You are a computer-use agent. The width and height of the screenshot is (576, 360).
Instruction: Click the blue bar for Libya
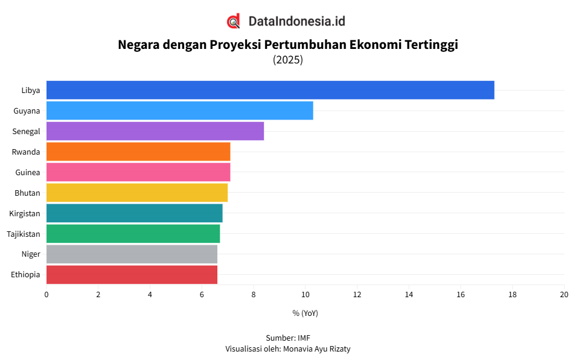point(270,90)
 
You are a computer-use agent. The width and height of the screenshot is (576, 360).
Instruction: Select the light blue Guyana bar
point(179,111)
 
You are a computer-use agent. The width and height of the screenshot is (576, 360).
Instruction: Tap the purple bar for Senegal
point(155,131)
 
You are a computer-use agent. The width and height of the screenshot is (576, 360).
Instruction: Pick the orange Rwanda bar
point(138,152)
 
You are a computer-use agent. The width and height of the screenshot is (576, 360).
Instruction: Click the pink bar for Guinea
point(138,172)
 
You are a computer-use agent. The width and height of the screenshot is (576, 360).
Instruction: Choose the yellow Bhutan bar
point(136,193)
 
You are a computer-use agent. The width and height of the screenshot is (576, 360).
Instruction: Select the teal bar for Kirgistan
point(134,213)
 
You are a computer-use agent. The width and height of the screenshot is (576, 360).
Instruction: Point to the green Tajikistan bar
point(133,234)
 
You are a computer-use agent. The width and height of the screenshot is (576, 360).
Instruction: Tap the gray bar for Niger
point(132,254)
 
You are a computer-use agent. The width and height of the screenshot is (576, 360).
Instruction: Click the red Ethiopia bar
point(132,275)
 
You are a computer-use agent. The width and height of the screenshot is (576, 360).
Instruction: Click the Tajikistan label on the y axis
point(24,234)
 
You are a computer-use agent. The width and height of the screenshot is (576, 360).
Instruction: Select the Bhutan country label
point(28,193)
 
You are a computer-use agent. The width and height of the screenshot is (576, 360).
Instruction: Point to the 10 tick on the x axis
point(305,295)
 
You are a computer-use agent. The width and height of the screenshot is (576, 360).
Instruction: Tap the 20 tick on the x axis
point(564,295)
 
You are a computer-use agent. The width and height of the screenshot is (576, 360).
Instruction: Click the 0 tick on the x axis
point(46,295)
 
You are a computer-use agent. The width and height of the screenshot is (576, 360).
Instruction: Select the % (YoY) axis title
point(305,313)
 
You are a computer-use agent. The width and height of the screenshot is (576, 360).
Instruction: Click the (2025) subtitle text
point(288,60)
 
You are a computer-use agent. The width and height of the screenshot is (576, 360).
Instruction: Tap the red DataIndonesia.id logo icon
point(234,21)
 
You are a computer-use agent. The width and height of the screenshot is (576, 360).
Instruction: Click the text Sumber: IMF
point(288,338)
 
